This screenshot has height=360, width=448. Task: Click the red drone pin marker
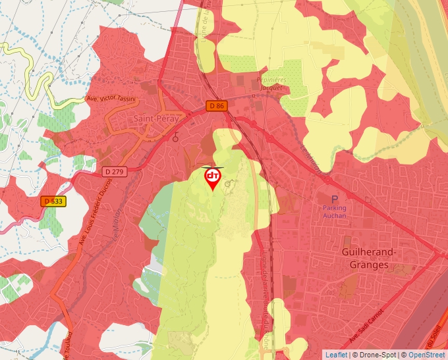(x=213, y=178)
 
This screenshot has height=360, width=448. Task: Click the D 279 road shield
(x=114, y=172)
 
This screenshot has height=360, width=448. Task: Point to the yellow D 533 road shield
(x=54, y=201)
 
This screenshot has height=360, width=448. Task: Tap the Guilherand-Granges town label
(x=368, y=259)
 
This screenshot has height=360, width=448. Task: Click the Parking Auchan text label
(x=334, y=211)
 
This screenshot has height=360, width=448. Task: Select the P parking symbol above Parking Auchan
(x=334, y=199)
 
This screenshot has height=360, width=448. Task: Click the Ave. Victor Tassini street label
(x=111, y=99)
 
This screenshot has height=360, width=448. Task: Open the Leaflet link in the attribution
(x=336, y=355)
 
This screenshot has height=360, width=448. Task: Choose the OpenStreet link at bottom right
(x=427, y=355)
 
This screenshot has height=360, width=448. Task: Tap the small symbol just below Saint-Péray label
(x=176, y=138)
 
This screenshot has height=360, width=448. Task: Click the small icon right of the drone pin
(x=229, y=184)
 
